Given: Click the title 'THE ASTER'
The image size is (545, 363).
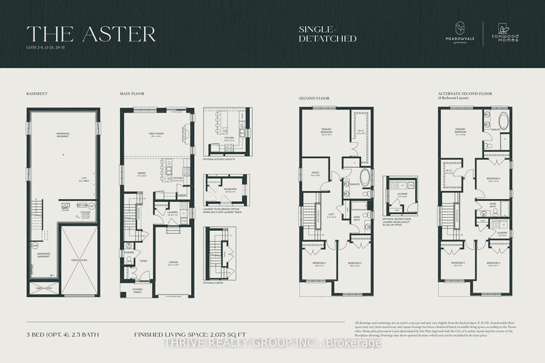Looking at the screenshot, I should point(91,33).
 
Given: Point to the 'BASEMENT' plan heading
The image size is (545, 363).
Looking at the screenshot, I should point(36,94).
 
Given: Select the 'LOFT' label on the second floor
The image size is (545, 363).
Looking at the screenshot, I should point(331,216).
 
